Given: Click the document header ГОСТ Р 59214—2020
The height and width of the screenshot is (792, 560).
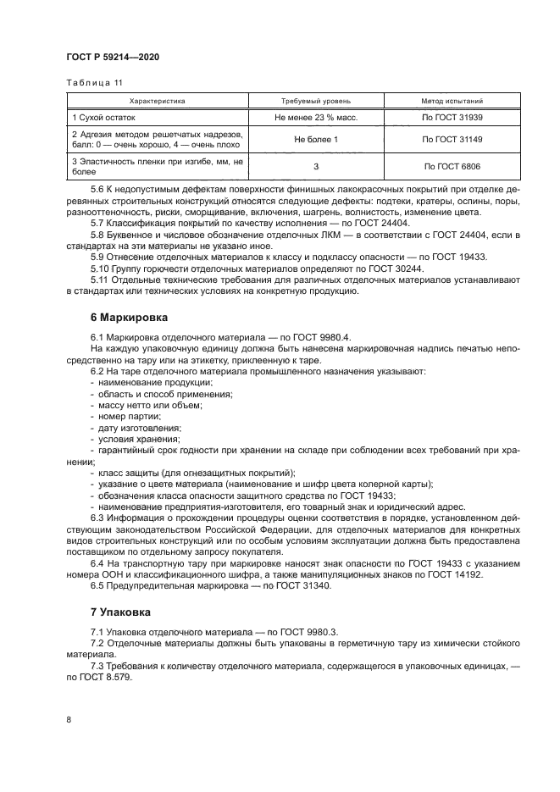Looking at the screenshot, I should pyautogui.click(x=113, y=57).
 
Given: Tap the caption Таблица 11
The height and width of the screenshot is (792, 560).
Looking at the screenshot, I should pyautogui.click(x=94, y=82).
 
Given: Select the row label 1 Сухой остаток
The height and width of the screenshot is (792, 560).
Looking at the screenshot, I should pyautogui.click(x=103, y=117).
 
